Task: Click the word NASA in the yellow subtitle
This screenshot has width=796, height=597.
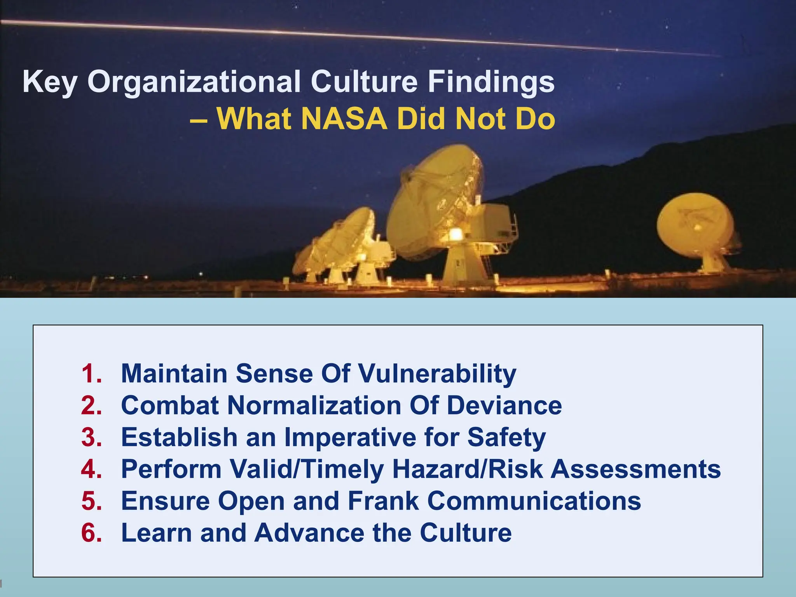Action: click(344, 119)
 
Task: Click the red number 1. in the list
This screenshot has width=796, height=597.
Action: click(92, 374)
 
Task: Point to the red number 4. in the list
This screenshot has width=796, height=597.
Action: click(92, 469)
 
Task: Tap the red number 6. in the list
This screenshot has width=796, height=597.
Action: click(92, 532)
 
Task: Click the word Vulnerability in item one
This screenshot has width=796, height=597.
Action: click(437, 374)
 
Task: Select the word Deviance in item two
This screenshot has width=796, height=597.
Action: click(504, 405)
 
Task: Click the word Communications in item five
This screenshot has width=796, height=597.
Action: click(534, 501)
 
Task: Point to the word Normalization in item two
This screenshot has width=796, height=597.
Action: click(314, 405)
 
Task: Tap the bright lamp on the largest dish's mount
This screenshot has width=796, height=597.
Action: click(455, 234)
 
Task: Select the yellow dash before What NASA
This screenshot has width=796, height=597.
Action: click(199, 119)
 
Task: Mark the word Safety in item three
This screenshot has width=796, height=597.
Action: click(506, 437)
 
